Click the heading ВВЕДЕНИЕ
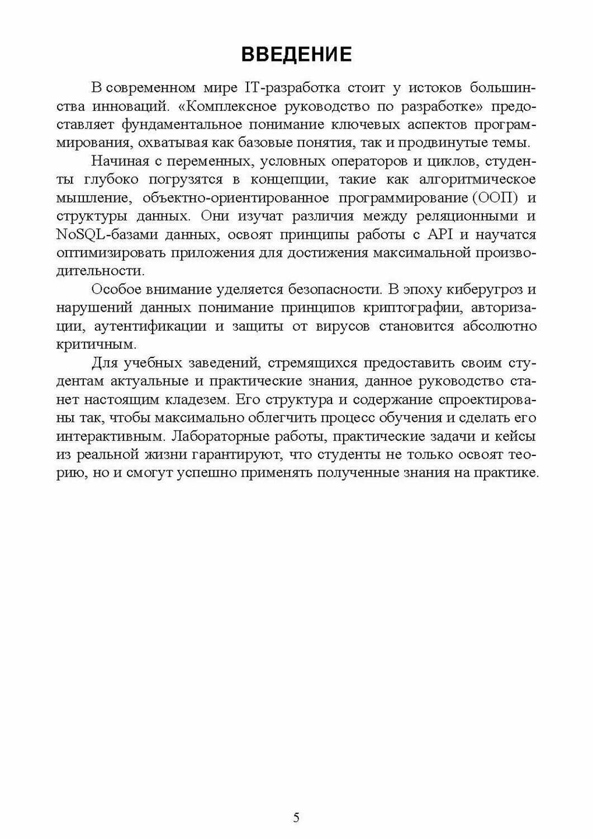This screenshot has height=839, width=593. [296, 54]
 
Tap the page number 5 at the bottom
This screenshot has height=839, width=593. [296, 817]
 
